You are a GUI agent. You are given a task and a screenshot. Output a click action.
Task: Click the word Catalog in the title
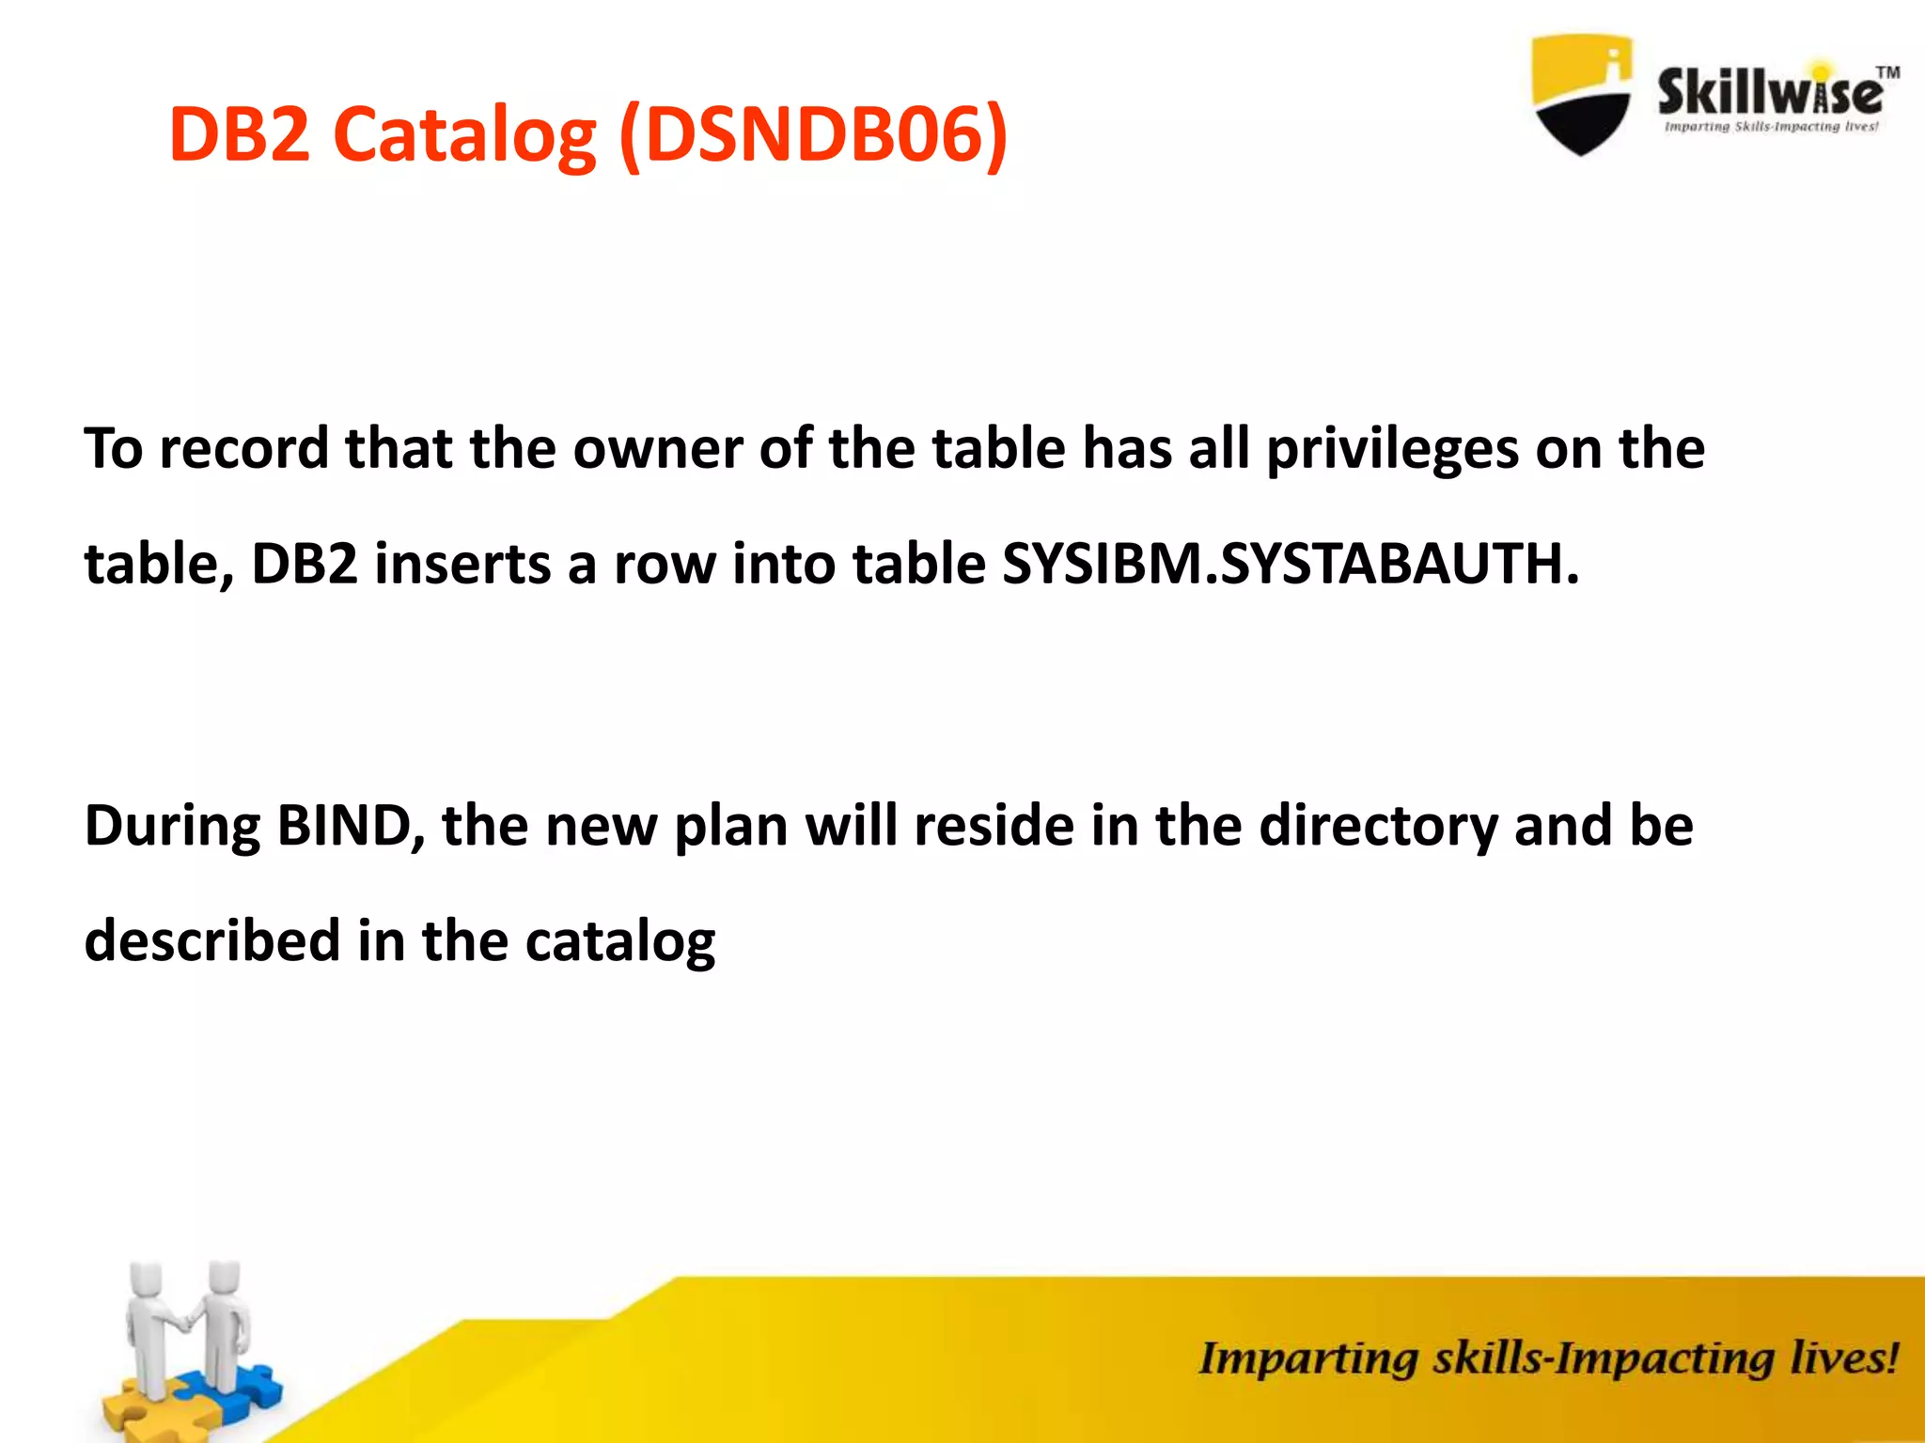(x=464, y=134)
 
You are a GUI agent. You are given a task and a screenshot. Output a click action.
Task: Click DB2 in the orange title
(x=240, y=134)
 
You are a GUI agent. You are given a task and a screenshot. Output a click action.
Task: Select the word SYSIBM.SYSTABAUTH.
(x=1291, y=564)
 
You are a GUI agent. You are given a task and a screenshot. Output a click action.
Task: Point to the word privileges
(x=1392, y=449)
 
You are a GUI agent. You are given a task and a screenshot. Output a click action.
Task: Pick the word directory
(x=1378, y=827)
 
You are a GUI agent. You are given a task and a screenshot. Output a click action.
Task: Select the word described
(x=212, y=940)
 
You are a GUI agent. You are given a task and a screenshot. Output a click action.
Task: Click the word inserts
(x=462, y=564)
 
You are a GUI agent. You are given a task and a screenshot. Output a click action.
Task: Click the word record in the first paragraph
(x=244, y=449)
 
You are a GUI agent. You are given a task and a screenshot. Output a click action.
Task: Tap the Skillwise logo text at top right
(x=1769, y=94)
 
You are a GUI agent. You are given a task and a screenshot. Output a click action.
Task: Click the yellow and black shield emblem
(x=1581, y=94)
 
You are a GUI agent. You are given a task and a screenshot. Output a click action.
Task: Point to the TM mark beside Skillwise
(x=1887, y=72)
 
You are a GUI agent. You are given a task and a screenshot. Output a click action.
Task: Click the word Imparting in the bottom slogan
(x=1307, y=1358)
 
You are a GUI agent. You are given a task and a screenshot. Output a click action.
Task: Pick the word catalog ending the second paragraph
(x=620, y=940)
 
